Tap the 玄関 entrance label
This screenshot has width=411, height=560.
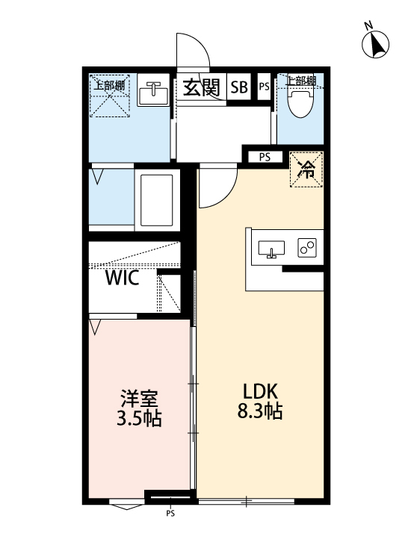coord(201,87)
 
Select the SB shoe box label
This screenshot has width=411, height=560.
coord(239,87)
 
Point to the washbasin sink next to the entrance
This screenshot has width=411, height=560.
coord(154,94)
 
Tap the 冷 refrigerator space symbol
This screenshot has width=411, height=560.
coord(306,169)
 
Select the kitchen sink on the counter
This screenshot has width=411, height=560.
coord(271,249)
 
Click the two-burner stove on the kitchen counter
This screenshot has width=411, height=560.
coord(307,248)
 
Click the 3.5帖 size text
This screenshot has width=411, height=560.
coord(140,418)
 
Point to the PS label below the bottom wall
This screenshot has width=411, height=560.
coord(170,514)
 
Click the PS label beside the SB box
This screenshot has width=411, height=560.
coord(264,87)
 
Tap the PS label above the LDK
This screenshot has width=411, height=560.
coord(265,157)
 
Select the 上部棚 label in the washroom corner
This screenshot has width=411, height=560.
coord(109,84)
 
